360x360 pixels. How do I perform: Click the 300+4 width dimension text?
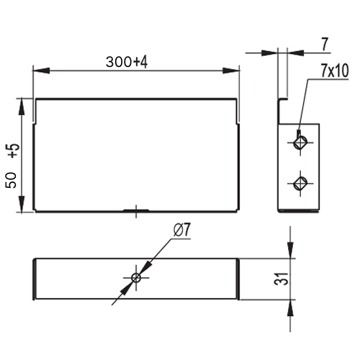pos(127,62)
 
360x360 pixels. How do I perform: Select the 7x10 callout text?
pos(335,71)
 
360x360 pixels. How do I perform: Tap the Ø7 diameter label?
pos(181,230)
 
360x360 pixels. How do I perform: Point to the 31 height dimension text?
pos(281,279)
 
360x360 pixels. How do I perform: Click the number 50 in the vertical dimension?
pos(12,180)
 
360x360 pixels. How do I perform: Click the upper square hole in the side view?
pos(300,143)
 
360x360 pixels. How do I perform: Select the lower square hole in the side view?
pos(300,184)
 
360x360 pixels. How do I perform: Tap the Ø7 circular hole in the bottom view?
pos(136,278)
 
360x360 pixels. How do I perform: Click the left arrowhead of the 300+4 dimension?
pos(41,71)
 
